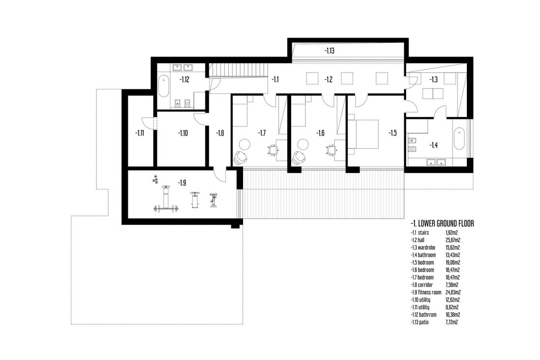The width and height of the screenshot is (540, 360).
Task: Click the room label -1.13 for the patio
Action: (329, 51)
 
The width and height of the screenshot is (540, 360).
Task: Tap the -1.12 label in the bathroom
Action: (184, 80)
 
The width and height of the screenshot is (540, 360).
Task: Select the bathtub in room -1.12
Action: (163, 85)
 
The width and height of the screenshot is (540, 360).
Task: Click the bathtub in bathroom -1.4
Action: (459, 138)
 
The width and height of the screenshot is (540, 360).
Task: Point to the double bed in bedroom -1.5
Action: (363, 134)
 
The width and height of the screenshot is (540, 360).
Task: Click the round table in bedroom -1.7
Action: (245, 144)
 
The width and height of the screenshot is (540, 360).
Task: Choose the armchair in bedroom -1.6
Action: (299, 158)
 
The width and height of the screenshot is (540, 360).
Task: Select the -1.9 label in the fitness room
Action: (182, 183)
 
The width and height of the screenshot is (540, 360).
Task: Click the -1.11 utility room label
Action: (139, 133)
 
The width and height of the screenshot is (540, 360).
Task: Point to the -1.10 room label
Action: (183, 133)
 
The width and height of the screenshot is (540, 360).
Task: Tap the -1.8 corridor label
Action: (220, 133)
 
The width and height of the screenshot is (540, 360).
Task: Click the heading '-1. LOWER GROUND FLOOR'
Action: (442, 223)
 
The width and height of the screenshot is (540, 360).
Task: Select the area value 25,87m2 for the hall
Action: (453, 240)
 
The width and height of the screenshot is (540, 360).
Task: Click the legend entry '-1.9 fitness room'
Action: (426, 292)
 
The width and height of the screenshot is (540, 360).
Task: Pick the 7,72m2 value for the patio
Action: (452, 322)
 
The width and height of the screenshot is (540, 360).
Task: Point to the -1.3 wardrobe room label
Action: (433, 80)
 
